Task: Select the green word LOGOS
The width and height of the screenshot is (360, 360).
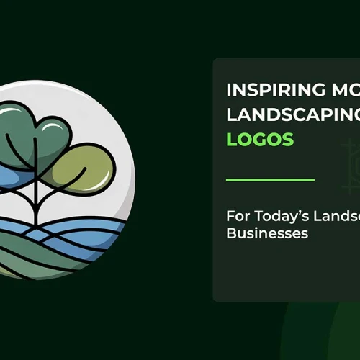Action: click(x=260, y=140)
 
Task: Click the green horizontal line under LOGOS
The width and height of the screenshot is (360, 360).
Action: click(x=270, y=179)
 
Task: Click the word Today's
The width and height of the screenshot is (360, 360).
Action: click(x=277, y=216)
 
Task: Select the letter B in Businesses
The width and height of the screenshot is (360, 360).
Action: click(x=231, y=233)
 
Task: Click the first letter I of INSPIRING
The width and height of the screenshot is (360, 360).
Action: click(x=229, y=91)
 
